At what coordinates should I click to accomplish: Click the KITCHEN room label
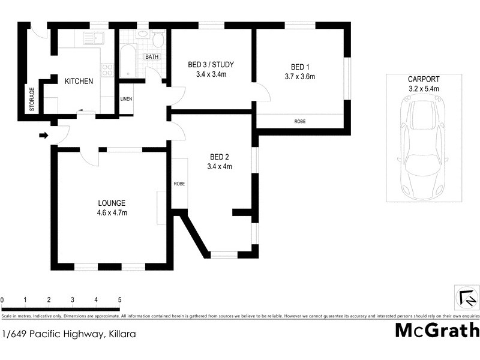point(79,81)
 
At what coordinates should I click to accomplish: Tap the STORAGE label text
point(32,99)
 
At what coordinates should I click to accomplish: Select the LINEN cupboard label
point(126,99)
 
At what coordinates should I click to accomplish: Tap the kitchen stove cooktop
point(107,70)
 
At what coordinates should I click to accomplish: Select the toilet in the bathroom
point(158,40)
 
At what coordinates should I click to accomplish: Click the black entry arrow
point(43,136)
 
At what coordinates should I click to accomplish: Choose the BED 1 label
point(299,67)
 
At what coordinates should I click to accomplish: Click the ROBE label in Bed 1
point(299,121)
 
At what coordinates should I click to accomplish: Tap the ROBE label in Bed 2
point(179,184)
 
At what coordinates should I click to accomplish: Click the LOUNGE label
point(112,203)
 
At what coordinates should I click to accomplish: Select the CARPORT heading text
point(424,79)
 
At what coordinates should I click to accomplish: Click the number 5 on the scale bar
point(119,299)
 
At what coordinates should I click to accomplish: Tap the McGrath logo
point(436,331)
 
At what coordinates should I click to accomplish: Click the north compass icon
point(467,296)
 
